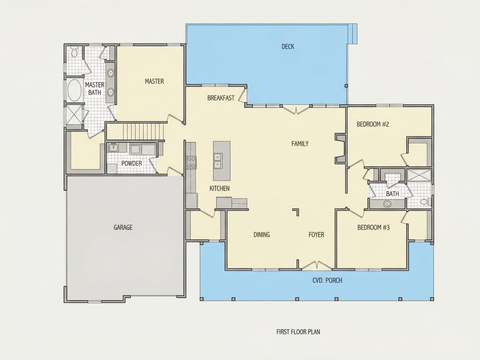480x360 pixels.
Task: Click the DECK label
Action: [288, 47]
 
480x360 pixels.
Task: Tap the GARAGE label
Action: [123, 227]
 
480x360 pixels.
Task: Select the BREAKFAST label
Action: [221, 98]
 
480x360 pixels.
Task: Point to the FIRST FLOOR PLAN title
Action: [298, 332]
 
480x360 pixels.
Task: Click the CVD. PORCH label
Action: [327, 281]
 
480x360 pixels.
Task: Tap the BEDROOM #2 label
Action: [373, 124]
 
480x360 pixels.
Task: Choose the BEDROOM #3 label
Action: [374, 227]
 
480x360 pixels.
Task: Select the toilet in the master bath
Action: [74, 52]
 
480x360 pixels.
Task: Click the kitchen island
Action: [222, 161]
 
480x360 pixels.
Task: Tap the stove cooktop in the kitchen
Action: [192, 162]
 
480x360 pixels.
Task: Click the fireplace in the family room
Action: [340, 148]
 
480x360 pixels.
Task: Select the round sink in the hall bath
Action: [387, 204]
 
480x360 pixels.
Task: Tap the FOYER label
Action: [316, 235]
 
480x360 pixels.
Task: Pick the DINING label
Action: [262, 235]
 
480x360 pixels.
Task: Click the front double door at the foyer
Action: [316, 266]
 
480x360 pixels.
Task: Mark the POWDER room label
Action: [132, 164]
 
